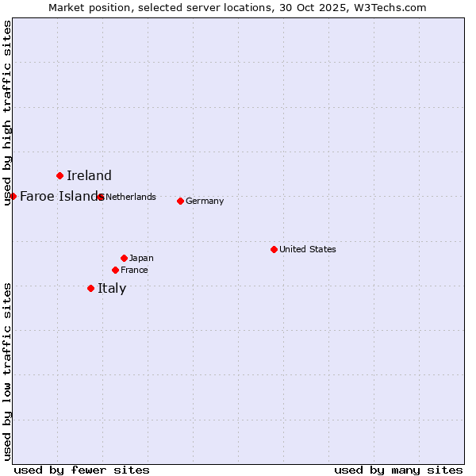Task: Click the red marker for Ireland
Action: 59,175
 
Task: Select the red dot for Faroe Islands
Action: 13,196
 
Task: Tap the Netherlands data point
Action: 100,197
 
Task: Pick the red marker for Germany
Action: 180,201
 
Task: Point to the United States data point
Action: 274,249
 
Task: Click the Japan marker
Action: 124,258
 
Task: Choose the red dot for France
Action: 115,270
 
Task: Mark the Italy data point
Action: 90,288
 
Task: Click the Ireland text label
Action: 89,176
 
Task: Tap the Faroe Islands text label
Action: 59,196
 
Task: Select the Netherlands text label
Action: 131,197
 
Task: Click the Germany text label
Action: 205,201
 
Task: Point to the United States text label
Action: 308,249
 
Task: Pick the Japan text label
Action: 141,258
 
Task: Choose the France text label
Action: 134,270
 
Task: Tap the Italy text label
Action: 112,288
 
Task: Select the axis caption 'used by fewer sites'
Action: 82,470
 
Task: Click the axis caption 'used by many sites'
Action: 398,470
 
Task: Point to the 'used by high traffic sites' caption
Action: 7,113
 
